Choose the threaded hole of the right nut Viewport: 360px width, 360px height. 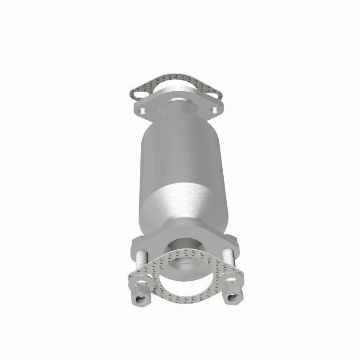click(234, 298)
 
